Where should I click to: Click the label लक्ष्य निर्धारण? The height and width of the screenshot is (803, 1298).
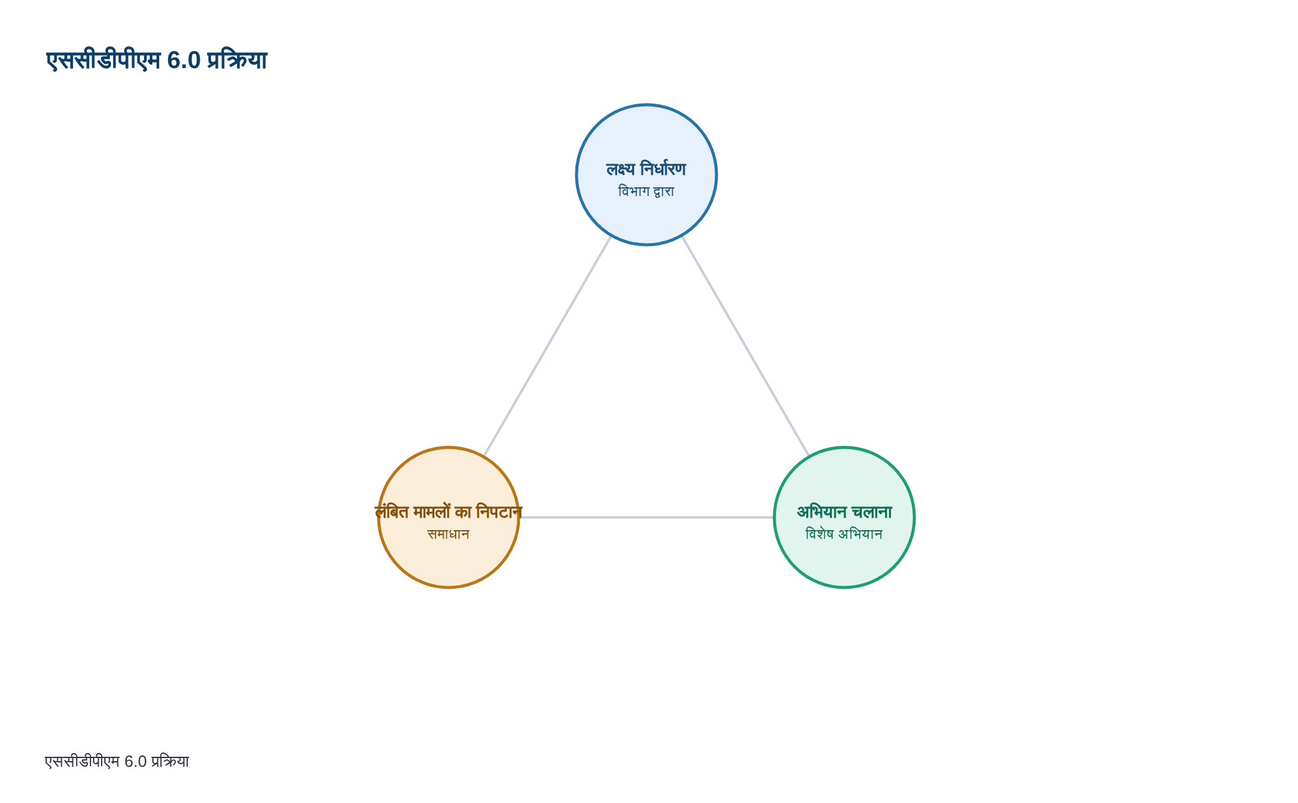click(x=646, y=169)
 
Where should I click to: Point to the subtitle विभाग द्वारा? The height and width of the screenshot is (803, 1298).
click(x=646, y=191)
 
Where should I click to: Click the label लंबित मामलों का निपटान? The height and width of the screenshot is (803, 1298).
click(x=449, y=512)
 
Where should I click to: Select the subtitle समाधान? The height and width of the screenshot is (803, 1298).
click(x=449, y=534)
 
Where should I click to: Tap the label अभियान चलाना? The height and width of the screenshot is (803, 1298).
click(x=844, y=512)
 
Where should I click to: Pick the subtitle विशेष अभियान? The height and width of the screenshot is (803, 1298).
click(x=844, y=534)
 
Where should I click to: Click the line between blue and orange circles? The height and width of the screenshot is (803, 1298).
click(x=547, y=347)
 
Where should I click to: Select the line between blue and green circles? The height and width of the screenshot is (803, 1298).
click(x=746, y=347)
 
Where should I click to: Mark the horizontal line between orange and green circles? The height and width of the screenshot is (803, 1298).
click(x=647, y=518)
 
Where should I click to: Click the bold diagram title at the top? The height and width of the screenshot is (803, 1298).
click(x=157, y=61)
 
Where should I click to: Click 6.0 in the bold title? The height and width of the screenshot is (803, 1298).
click(x=183, y=61)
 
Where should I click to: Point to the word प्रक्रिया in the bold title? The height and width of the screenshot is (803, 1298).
click(x=237, y=61)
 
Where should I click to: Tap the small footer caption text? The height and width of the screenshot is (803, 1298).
click(x=117, y=761)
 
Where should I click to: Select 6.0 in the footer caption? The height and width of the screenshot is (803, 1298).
click(x=135, y=762)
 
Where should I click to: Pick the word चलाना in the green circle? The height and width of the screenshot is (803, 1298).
click(x=872, y=512)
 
